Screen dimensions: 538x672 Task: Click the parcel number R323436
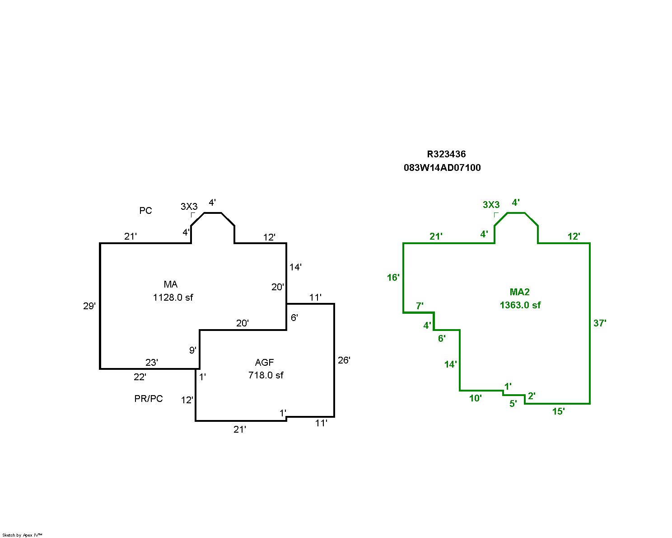[x=446, y=154]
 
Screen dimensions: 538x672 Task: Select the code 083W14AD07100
[x=442, y=168]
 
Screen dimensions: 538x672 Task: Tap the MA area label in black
[x=171, y=284]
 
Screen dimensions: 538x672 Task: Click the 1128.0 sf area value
[x=173, y=297]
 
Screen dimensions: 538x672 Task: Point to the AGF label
[x=264, y=362]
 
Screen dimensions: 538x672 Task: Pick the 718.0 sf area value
[x=266, y=375]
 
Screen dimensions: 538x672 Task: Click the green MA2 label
[x=519, y=292]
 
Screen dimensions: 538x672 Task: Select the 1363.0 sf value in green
[x=520, y=305]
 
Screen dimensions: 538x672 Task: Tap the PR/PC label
[x=148, y=399]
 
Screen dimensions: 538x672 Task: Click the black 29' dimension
[x=89, y=306]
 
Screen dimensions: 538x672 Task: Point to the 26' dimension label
[x=344, y=360]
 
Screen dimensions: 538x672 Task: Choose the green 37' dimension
[x=599, y=323]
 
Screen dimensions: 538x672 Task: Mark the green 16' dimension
[x=393, y=278]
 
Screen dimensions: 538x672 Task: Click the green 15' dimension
[x=558, y=411]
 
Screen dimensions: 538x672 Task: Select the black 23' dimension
[x=151, y=363]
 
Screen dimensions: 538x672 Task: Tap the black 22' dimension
[x=140, y=377]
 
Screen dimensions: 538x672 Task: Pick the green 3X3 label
[x=491, y=205]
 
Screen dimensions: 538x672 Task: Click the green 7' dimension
[x=420, y=306]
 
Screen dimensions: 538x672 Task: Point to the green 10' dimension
[x=475, y=398]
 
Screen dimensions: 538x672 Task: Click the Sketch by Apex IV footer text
[x=22, y=535]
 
